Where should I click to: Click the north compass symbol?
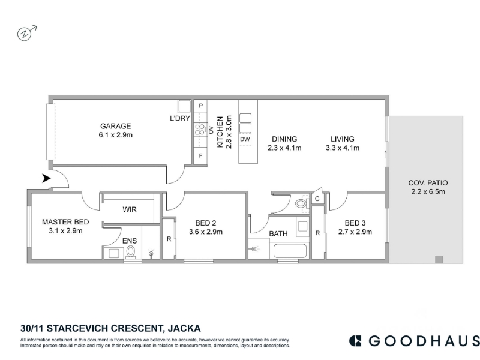coord(26,33)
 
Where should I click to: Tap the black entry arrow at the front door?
coord(46,178)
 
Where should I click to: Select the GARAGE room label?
coord(115,126)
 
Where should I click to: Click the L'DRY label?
coord(180,118)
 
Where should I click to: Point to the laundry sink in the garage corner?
coord(185,106)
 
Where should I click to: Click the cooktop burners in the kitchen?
coord(200,130)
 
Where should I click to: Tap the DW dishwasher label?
coord(245,139)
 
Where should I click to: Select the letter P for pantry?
coord(201,106)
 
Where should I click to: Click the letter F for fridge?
coord(200,156)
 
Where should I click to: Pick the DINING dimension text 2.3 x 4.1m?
coord(284,148)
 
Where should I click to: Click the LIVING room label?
coord(343,139)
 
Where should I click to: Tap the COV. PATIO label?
coord(428,183)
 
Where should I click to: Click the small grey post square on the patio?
coord(439,260)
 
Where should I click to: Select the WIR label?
coord(130,209)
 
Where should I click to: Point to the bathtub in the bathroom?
coord(290,251)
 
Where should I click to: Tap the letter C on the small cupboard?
coord(317,199)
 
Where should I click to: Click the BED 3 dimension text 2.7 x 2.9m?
coord(355,232)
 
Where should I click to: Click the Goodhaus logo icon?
coord(355,341)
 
